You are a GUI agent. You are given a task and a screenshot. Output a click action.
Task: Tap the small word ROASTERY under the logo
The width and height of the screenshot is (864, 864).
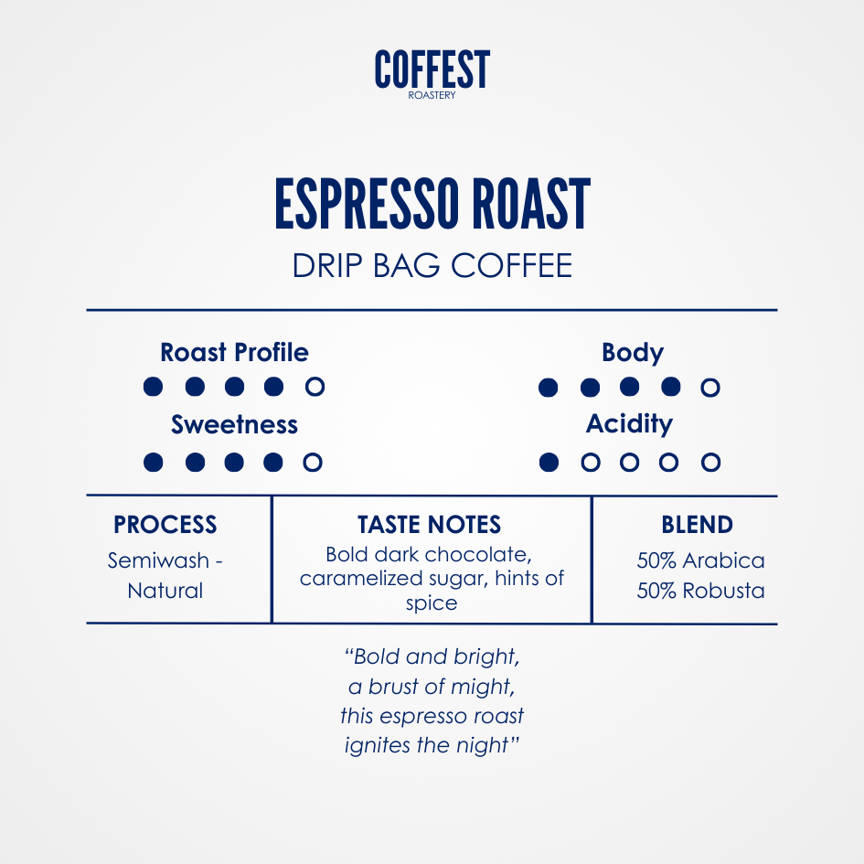pyautogui.click(x=432, y=95)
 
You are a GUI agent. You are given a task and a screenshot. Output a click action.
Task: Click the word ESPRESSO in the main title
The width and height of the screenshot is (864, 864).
pyautogui.click(x=367, y=203)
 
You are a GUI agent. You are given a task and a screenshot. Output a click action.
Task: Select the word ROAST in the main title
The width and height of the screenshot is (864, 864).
pyautogui.click(x=531, y=203)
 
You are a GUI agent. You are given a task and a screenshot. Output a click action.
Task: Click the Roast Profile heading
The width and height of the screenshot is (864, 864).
pyautogui.click(x=234, y=352)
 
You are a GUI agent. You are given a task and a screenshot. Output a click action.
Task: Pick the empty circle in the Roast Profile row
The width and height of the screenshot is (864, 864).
pyautogui.click(x=315, y=386)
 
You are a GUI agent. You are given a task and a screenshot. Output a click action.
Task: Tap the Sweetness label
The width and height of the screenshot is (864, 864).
pyautogui.click(x=234, y=425)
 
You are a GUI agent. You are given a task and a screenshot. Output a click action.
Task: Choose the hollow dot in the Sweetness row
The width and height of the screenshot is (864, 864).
pyautogui.click(x=313, y=463)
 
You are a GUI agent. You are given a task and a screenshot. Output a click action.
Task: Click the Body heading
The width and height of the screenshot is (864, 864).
pyautogui.click(x=633, y=353)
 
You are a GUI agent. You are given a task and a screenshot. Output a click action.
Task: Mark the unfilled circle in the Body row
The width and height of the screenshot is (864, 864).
pyautogui.click(x=710, y=388)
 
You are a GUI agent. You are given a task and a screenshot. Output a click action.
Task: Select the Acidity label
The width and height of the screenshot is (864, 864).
pyautogui.click(x=629, y=424)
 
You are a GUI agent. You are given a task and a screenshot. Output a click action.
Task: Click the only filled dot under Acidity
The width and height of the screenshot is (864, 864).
pyautogui.click(x=549, y=463)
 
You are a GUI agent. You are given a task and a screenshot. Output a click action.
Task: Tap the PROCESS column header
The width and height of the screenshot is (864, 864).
pyautogui.click(x=165, y=525)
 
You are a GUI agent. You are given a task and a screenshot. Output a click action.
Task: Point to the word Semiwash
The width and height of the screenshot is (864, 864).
pyautogui.click(x=158, y=560)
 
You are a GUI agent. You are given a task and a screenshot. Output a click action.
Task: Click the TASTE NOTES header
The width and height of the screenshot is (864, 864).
pyautogui.click(x=429, y=525)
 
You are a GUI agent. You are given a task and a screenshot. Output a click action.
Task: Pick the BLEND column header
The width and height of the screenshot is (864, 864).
pyautogui.click(x=697, y=525)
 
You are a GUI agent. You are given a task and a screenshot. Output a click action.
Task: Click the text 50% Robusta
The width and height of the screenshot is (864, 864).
pyautogui.click(x=700, y=591)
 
